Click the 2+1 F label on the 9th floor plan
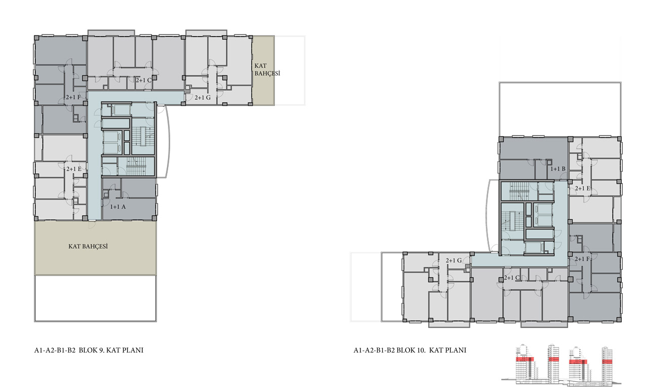[73, 97]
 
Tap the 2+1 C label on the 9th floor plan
[144, 80]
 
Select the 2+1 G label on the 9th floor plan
[202, 98]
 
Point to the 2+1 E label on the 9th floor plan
[74, 169]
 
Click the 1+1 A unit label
[118, 207]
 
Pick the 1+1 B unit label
[558, 169]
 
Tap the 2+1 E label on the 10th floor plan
[582, 188]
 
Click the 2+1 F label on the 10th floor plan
[582, 259]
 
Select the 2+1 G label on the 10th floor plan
[454, 260]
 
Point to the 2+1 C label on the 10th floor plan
[512, 278]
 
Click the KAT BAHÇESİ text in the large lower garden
[88, 247]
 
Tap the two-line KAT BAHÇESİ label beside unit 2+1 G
[267, 70]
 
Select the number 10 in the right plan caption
[421, 350]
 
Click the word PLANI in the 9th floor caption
[133, 350]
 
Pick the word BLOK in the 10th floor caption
[406, 350]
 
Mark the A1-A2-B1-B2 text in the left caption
[55, 350]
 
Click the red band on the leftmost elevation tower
[525, 359]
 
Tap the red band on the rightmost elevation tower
[607, 362]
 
